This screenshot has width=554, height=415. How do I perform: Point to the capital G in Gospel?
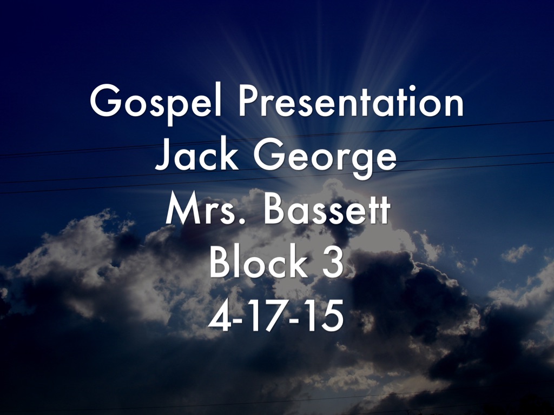coord(106,101)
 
